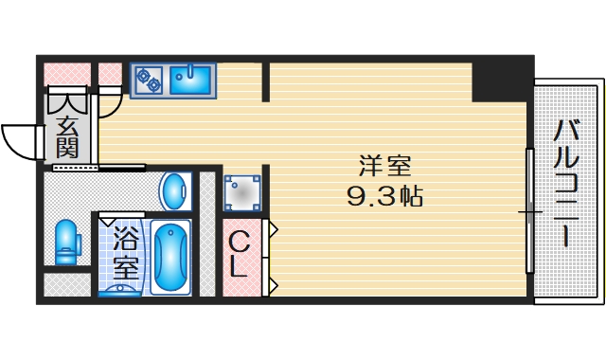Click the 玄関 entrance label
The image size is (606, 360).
(67, 135)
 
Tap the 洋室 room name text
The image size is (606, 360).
(384, 166)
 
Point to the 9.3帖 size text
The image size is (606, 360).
(383, 197)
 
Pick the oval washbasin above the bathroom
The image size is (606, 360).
(174, 192)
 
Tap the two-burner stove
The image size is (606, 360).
(148, 80)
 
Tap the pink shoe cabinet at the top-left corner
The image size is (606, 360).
(64, 72)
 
